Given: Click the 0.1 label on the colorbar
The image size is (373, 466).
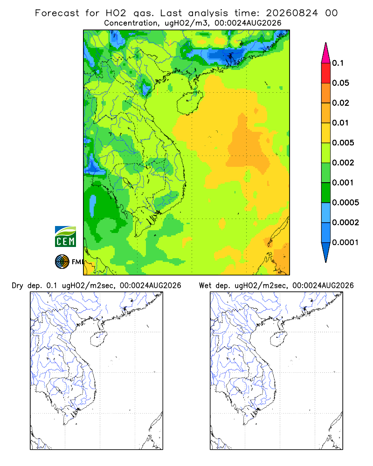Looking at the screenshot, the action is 338,63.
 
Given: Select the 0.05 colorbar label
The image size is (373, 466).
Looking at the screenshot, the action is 340,83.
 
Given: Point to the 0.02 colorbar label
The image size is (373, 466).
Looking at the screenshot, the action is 340,103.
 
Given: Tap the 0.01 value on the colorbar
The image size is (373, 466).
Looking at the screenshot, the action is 340,123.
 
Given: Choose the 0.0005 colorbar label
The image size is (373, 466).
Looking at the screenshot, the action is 345,203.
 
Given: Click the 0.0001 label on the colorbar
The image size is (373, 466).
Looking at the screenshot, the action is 345,242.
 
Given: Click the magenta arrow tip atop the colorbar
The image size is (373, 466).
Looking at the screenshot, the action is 326,53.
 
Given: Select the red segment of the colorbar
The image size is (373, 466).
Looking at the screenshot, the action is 326,73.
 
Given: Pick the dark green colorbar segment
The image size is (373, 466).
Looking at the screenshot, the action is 326,192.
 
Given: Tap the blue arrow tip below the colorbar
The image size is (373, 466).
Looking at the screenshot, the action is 326,253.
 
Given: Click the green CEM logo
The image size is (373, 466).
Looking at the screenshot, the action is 65,237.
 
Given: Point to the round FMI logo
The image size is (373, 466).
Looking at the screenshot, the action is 62,262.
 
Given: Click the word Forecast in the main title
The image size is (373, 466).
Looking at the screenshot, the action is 57,13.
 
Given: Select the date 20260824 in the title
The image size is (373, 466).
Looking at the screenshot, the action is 292,13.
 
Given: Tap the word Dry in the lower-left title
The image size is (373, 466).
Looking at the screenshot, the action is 17,286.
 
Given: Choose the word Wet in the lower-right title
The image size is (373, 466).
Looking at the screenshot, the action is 205,286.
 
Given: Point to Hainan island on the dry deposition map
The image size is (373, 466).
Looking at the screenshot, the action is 98,339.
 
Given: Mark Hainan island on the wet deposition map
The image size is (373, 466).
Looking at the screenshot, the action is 279,339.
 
